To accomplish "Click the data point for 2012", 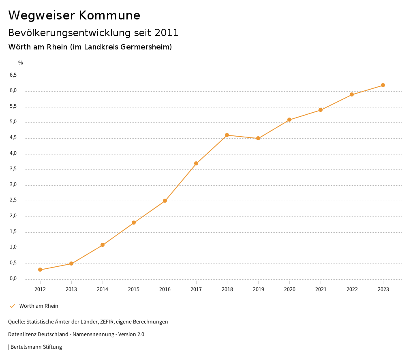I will tap(40, 270).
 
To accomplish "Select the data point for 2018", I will tap(227, 135).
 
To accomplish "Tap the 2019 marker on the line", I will tap(258, 138).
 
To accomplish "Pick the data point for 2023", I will tap(383, 85).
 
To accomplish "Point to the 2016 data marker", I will tap(165, 201).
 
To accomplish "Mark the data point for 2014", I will tap(103, 245).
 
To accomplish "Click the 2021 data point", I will tap(321, 110).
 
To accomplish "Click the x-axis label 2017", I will tap(196, 289).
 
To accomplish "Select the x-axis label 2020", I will tap(289, 289).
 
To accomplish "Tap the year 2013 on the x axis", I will tap(71, 289).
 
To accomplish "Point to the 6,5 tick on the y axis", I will tap(13, 75).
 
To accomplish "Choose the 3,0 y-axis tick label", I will tap(13, 185).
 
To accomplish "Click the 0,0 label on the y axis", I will tap(13, 279).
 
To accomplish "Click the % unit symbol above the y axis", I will tap(21, 63).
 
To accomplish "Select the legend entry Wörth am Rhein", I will tap(39, 306).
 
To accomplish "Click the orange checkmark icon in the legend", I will tap(12, 306).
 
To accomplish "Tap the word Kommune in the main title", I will tap(109, 15).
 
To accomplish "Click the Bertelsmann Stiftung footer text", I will tap(36, 347).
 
